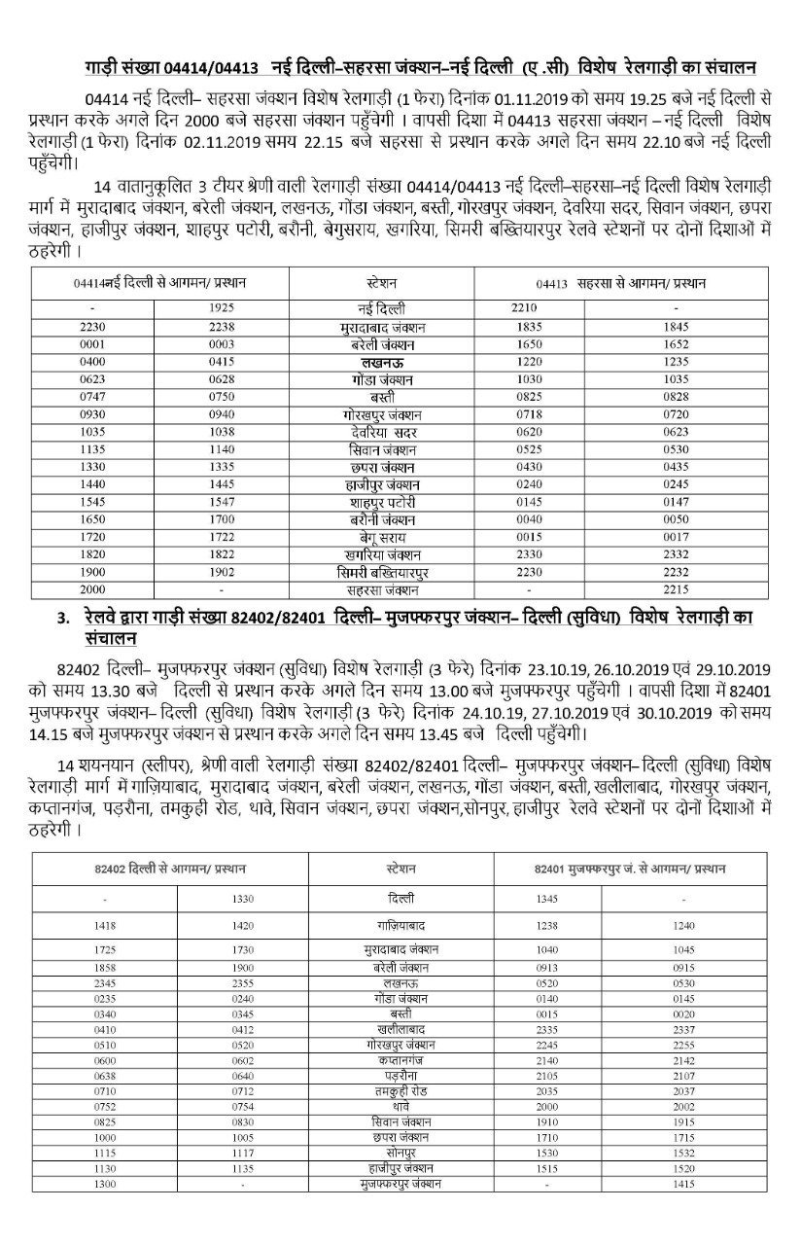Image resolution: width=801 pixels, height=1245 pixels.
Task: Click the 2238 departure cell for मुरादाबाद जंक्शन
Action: click(x=222, y=329)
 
